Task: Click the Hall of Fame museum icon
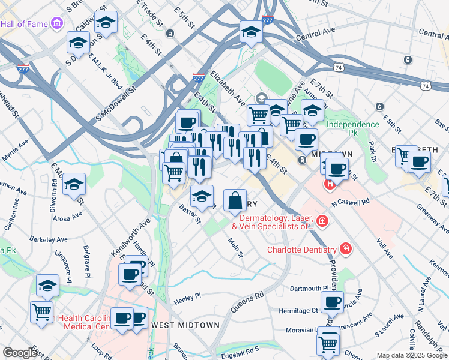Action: point(57,24)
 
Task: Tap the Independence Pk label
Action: point(353,125)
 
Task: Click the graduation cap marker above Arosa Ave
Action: point(74,184)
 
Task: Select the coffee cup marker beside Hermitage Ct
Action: point(331,302)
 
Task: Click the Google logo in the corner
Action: point(20,353)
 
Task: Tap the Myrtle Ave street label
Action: point(16,152)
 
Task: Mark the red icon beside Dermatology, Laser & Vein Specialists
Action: point(322,221)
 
